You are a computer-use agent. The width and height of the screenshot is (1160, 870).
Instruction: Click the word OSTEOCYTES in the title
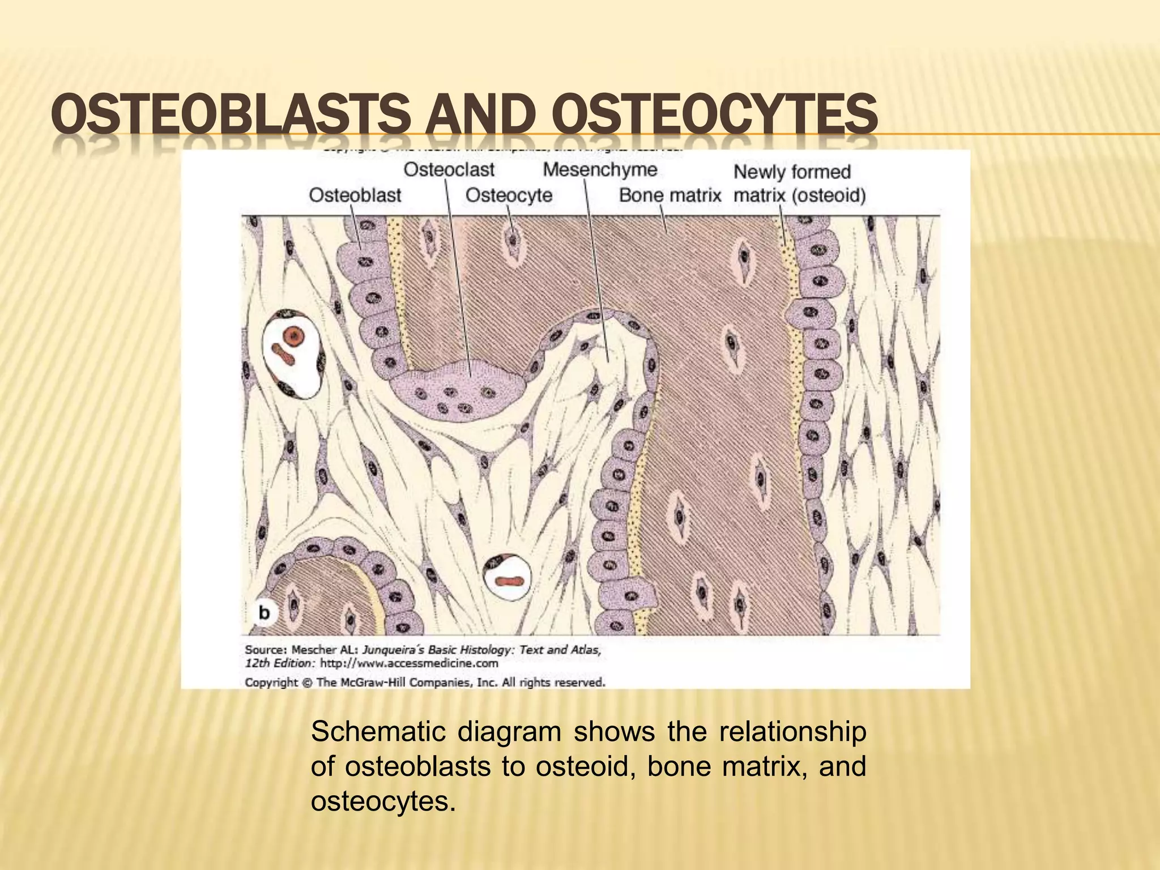(715, 114)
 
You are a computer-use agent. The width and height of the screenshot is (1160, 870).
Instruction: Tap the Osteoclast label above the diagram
(449, 169)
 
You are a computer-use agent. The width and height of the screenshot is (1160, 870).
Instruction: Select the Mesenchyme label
(600, 169)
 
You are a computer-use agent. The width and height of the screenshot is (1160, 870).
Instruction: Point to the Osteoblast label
(355, 195)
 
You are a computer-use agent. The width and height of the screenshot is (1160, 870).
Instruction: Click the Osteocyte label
(509, 195)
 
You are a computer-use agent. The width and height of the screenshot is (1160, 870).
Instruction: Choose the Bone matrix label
(669, 195)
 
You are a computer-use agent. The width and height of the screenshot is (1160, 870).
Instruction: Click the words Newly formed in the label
(792, 172)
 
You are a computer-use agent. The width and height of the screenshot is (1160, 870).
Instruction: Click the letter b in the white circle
(264, 613)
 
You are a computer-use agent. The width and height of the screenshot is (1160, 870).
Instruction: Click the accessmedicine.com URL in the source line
(409, 663)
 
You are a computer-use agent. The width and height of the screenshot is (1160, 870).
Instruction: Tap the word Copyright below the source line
(271, 683)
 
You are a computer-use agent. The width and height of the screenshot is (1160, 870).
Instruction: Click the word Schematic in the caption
(378, 732)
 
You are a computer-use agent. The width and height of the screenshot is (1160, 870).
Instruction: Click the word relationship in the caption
(792, 732)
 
